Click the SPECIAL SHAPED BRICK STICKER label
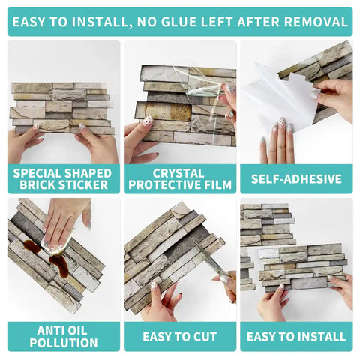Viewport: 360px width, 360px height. [64, 178]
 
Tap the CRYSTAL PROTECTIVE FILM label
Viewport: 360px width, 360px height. [180, 178]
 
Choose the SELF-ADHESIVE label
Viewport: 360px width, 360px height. [295, 179]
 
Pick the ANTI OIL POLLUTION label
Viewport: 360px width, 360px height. [64, 336]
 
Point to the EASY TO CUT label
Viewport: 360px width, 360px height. [180, 336]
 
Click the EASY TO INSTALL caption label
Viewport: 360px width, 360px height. [295, 336]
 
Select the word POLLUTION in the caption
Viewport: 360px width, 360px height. [64, 343]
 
